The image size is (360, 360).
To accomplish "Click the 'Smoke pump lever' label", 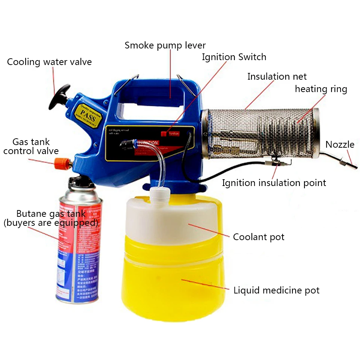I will (165, 45).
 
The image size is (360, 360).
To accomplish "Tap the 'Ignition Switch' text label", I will (234, 57).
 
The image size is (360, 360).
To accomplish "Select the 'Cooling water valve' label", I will (49, 62).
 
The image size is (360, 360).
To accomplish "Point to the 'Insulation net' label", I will (277, 77).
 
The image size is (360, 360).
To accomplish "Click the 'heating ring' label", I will (321, 89).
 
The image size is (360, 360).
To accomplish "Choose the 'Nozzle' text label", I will (340, 145).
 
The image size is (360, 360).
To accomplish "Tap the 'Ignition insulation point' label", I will (274, 183).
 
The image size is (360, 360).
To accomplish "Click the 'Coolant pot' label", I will (259, 237).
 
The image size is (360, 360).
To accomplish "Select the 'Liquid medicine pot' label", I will (276, 290).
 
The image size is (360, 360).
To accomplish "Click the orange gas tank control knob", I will (60, 163).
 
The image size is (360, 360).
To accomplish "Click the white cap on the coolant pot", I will (158, 194).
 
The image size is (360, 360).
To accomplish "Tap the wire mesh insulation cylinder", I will (259, 133).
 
